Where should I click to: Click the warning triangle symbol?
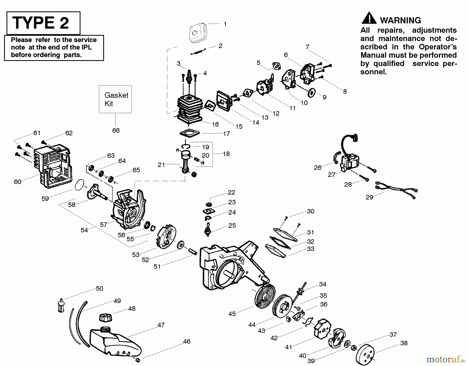369,18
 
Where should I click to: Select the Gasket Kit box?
115,99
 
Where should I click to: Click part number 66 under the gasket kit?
116,130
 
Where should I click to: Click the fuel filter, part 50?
61,306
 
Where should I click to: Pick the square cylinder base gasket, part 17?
190,134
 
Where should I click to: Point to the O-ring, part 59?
80,185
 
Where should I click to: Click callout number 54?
84,230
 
